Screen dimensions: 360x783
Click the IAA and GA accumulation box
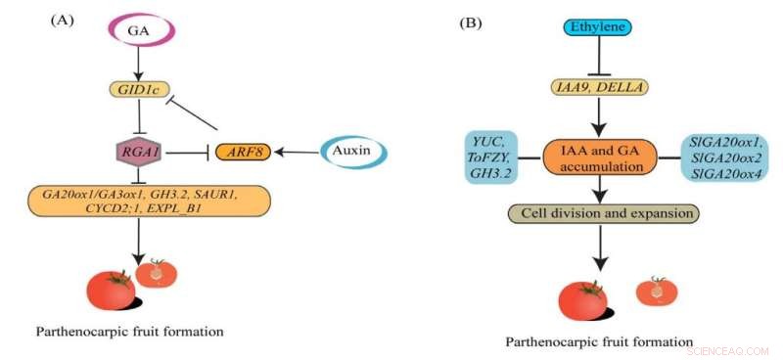(x=597, y=158)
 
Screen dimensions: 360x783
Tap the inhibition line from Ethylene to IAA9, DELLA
(x=597, y=60)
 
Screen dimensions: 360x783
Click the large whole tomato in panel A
(x=111, y=290)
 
